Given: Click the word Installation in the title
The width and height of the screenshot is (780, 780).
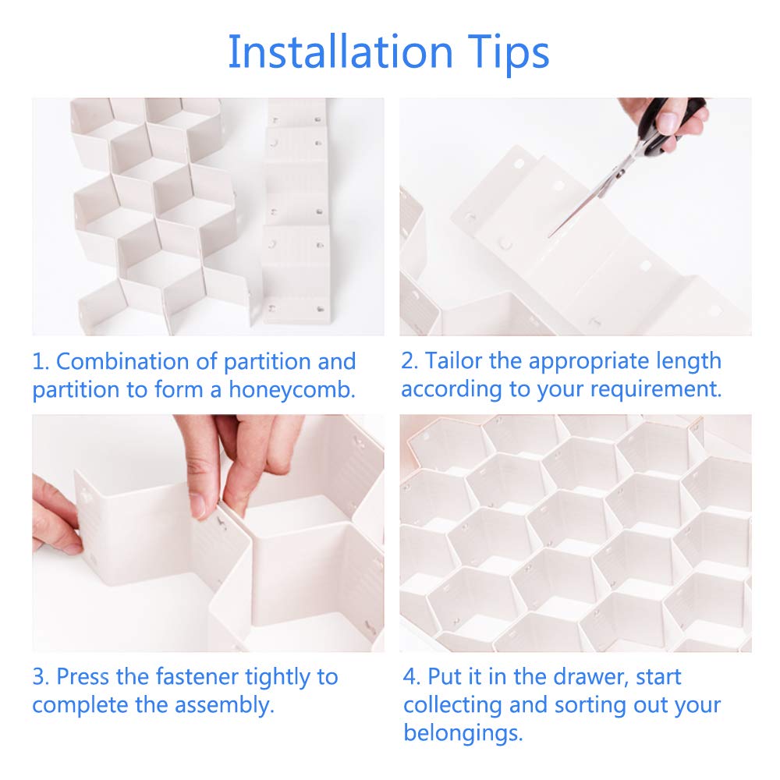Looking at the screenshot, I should tap(340, 52).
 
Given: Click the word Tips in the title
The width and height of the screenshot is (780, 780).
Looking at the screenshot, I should tap(508, 52).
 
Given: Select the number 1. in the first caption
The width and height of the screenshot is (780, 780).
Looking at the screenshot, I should tap(41, 362).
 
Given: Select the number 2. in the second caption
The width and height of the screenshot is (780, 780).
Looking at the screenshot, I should tap(410, 362).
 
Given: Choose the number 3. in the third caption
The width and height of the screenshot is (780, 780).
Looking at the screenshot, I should tap(41, 676).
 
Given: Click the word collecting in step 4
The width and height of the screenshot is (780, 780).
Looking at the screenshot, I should tap(453, 705).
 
